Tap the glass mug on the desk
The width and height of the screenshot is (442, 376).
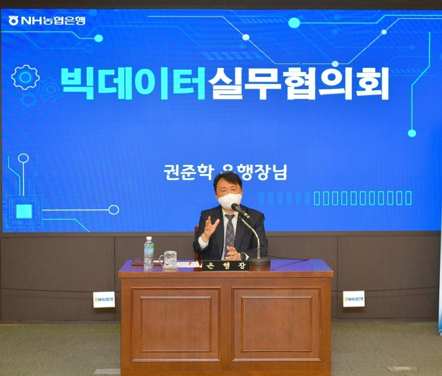click(169, 260)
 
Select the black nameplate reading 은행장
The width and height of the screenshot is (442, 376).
click(225, 266)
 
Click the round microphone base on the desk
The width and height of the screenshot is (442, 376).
click(259, 261)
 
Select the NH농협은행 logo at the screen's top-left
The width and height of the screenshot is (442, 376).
click(47, 20)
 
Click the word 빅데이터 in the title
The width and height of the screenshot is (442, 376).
click(133, 83)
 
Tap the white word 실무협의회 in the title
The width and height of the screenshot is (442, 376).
click(298, 83)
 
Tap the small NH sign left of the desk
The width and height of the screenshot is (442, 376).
click(104, 299)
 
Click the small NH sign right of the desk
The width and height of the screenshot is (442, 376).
click(354, 299)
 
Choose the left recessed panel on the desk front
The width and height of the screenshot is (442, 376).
click(175, 324)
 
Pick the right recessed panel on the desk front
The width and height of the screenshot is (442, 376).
click(276, 324)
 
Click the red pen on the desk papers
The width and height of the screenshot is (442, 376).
click(192, 263)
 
